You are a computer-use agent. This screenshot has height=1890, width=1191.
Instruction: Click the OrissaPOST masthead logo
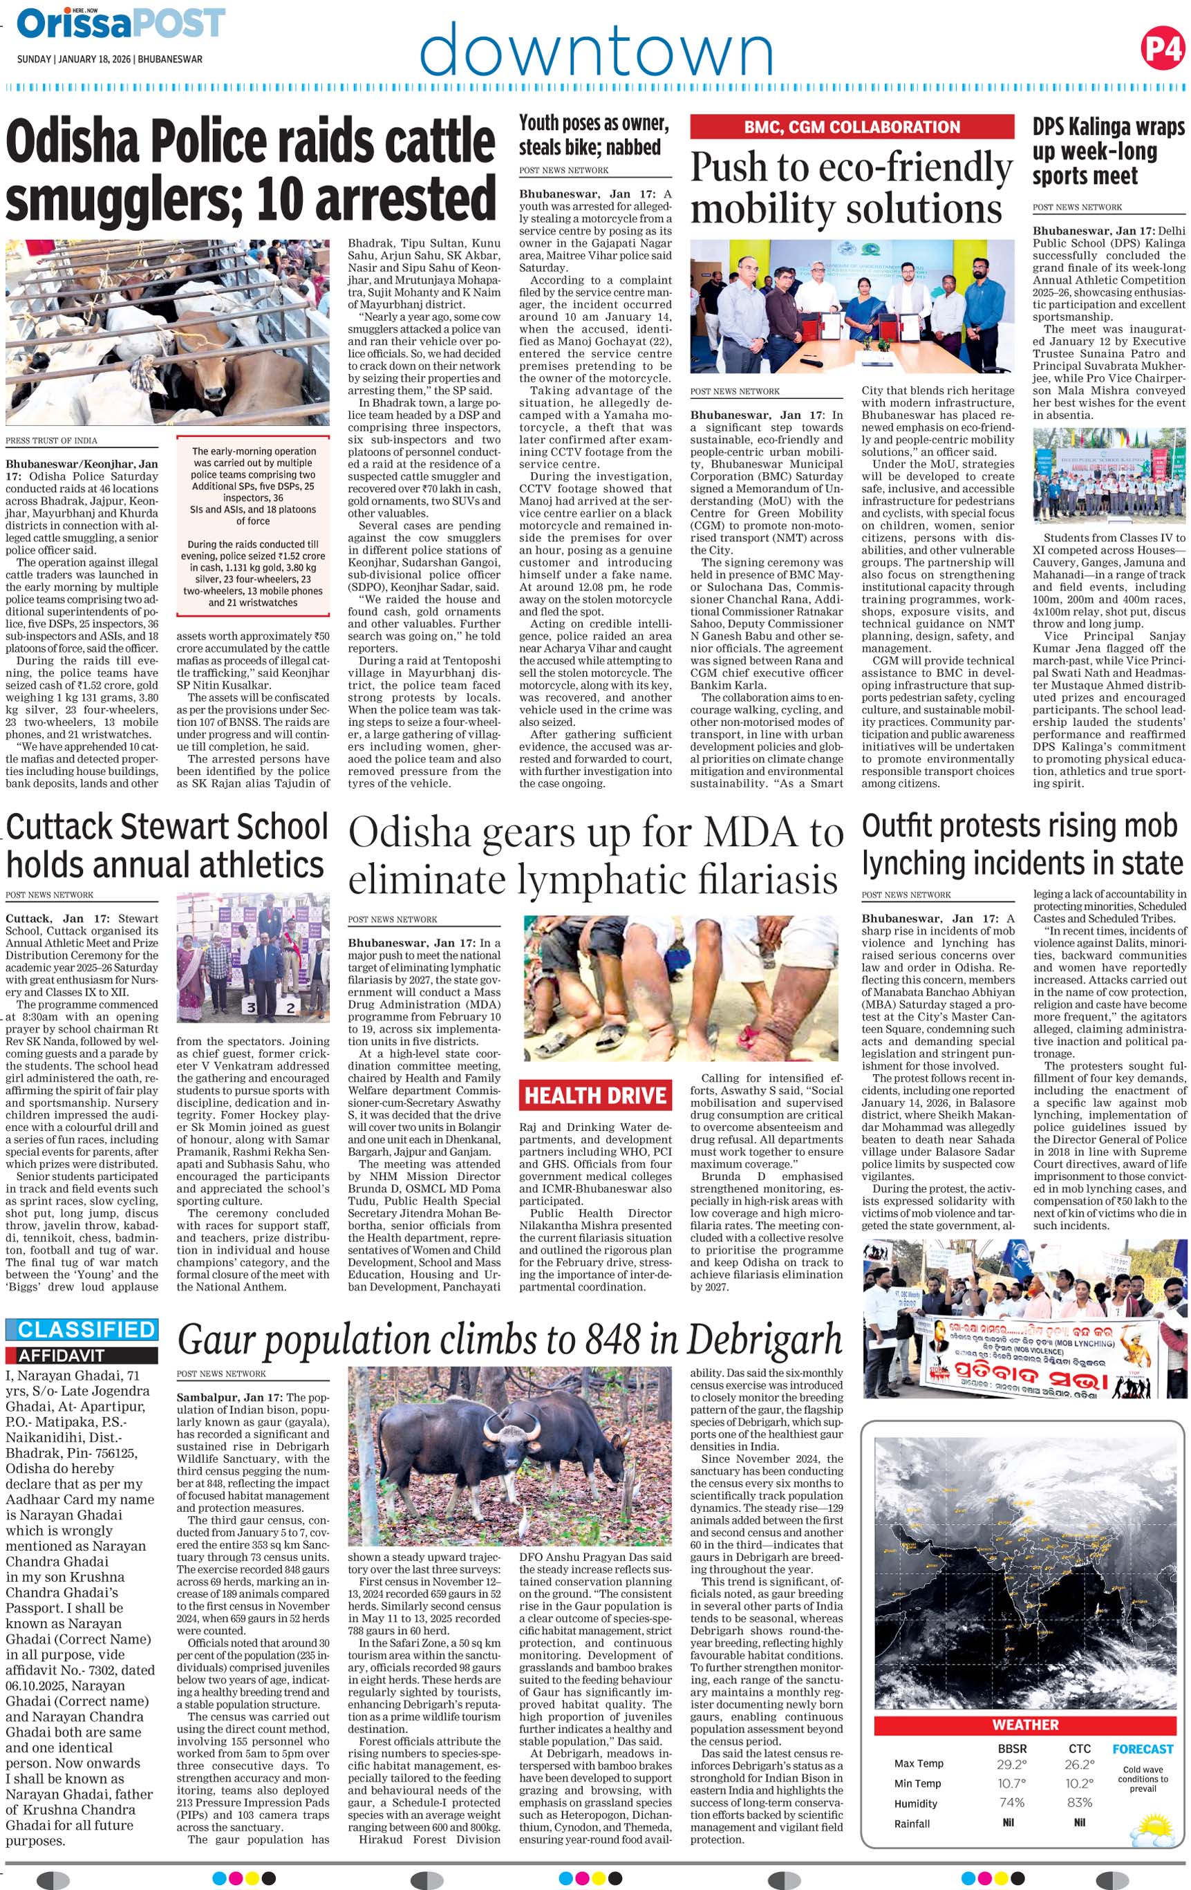click(121, 24)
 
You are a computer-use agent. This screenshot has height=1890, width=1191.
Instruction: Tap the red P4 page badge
click(1161, 48)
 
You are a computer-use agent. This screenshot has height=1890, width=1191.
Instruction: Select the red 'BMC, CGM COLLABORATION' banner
click(852, 127)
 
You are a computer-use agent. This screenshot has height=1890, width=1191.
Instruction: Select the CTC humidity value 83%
click(1080, 1802)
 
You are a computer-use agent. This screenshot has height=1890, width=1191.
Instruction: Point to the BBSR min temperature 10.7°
click(1011, 1784)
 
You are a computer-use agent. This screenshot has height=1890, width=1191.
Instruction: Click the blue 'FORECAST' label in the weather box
click(1143, 1749)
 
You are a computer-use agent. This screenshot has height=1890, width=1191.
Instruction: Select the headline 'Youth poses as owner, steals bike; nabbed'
click(594, 135)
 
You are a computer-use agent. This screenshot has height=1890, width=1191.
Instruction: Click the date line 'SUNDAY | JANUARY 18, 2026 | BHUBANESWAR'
click(110, 59)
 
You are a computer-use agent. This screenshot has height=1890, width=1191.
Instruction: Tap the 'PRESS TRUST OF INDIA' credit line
click(52, 440)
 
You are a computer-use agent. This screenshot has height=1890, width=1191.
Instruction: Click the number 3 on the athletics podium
click(250, 1008)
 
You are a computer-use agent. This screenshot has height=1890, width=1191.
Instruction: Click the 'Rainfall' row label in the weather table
click(912, 1823)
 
